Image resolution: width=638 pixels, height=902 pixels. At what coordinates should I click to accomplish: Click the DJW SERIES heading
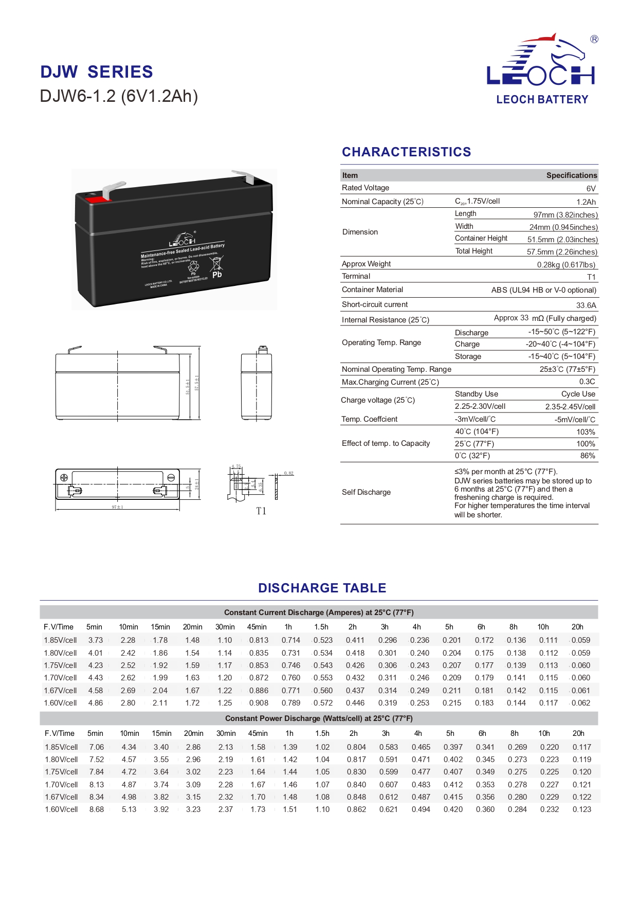[97, 72]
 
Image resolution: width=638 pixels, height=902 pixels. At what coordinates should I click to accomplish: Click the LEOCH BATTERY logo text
[542, 100]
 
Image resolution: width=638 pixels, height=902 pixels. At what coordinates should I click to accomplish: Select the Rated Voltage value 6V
[591, 189]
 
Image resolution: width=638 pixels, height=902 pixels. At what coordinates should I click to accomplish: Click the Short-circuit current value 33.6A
[586, 305]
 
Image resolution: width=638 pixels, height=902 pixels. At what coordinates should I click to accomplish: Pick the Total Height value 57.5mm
[562, 252]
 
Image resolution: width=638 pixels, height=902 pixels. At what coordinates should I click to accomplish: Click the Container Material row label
[372, 290]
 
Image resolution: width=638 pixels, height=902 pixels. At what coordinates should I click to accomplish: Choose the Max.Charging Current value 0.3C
[587, 382]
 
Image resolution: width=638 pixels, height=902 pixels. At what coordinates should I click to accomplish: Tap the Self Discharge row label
[366, 493]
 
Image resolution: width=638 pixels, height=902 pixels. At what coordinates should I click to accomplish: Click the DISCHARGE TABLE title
[322, 588]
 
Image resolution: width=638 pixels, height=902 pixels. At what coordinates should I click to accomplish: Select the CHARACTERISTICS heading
[406, 152]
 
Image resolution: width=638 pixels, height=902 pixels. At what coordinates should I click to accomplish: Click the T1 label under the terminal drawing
[261, 511]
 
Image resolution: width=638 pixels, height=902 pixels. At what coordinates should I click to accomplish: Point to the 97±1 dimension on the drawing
[117, 508]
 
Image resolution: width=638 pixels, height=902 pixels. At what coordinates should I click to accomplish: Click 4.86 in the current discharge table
[96, 703]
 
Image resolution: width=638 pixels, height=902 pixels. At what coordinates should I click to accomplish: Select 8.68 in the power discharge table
[97, 809]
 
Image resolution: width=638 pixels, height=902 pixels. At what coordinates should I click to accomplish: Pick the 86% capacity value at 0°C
[587, 456]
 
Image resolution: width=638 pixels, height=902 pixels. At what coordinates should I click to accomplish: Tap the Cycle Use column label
[578, 394]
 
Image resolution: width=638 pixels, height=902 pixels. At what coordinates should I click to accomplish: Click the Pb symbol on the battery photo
[217, 275]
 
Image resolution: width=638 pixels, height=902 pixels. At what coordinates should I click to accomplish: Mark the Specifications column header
[571, 175]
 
